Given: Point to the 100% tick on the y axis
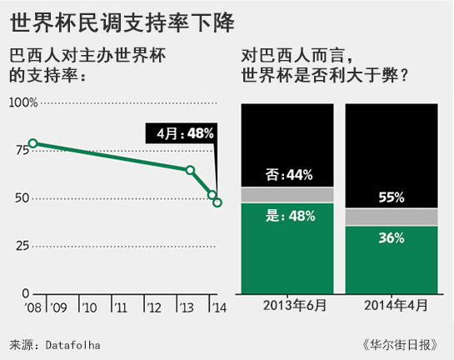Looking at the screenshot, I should [22, 102].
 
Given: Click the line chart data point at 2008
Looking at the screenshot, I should [33, 143].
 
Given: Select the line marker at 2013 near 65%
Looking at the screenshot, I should [191, 170].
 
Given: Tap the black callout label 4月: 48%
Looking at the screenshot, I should [181, 132].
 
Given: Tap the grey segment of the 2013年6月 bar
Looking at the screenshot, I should [287, 195].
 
